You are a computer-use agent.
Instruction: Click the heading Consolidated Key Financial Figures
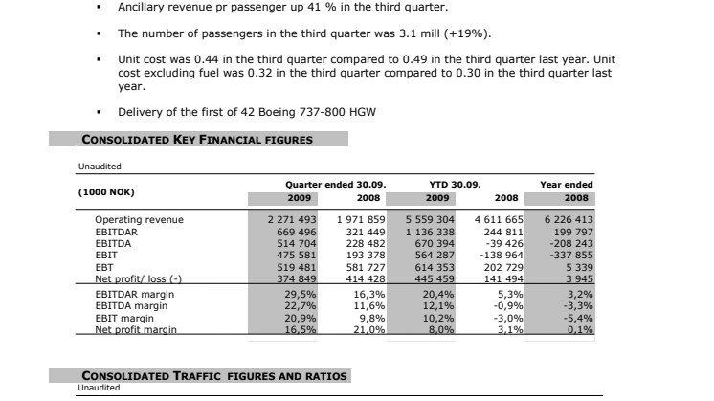197,139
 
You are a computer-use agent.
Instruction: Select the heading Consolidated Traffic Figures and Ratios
214,375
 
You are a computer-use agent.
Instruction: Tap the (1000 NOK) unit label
106,191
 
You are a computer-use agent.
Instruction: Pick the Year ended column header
567,184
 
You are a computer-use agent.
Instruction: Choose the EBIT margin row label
124,317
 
